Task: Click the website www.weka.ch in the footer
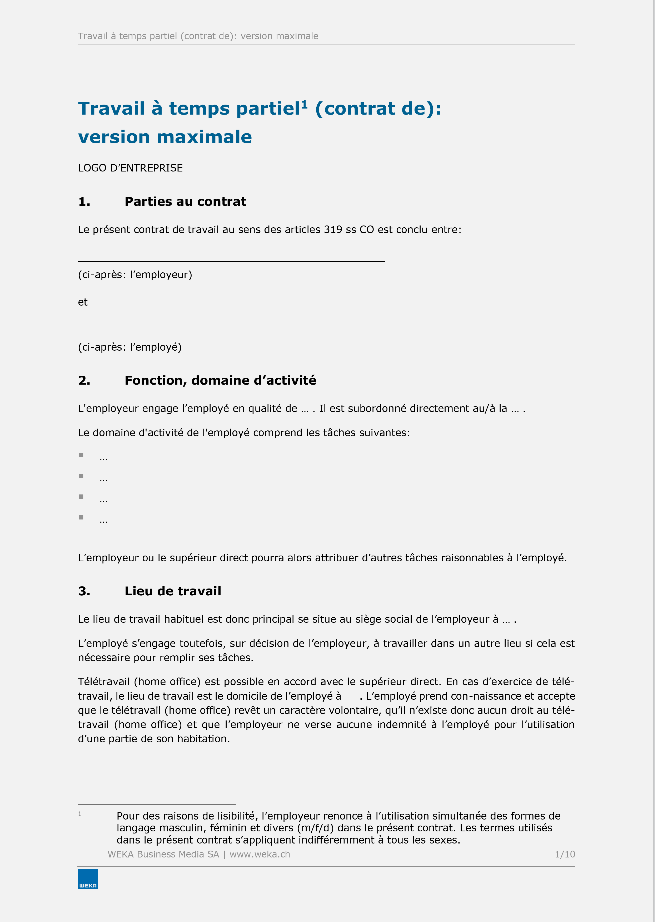(260, 854)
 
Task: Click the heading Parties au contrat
(185, 202)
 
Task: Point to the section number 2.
(84, 380)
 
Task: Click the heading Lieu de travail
(173, 591)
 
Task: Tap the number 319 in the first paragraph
(333, 230)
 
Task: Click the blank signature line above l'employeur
(231, 261)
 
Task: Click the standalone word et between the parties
(83, 302)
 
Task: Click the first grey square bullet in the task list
(81, 455)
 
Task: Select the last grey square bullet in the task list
(81, 517)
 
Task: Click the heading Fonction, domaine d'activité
(220, 380)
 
